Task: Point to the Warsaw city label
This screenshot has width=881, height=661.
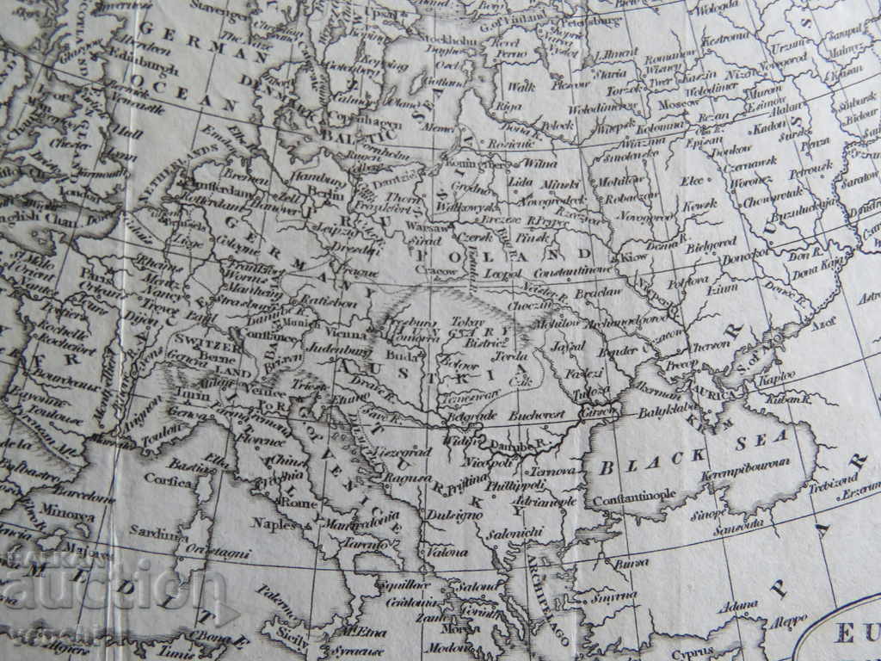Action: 423,228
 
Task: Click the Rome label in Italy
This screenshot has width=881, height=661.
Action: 300,503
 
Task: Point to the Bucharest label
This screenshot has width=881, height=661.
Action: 536,415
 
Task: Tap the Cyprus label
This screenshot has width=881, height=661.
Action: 691,653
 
